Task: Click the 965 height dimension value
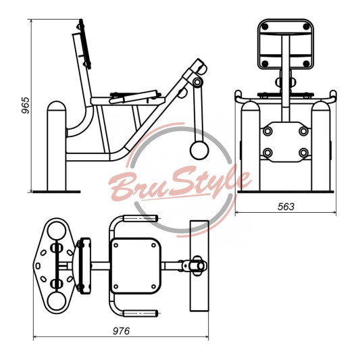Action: click(x=26, y=105)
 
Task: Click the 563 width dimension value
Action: click(x=286, y=207)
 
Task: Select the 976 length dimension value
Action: click(x=121, y=331)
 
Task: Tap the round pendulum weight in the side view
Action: click(x=199, y=151)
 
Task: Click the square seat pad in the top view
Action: click(x=136, y=266)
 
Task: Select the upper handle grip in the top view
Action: click(x=140, y=218)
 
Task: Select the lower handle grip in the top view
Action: click(x=140, y=313)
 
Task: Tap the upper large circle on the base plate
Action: click(x=57, y=230)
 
